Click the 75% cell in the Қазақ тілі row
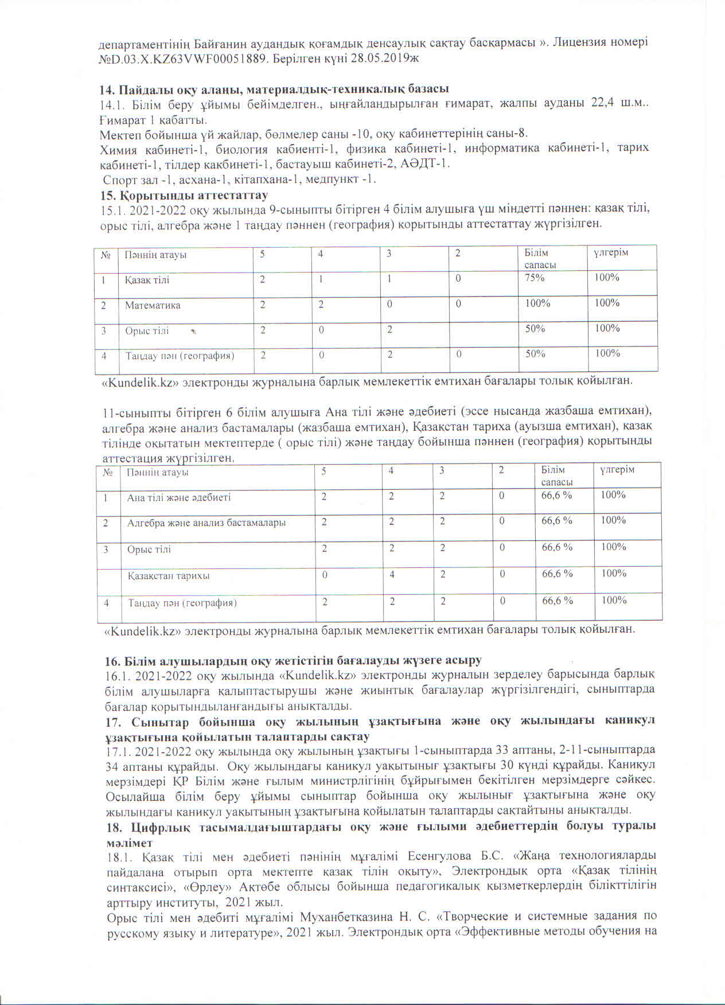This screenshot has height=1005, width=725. [535, 278]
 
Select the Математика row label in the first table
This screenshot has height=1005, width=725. [153, 305]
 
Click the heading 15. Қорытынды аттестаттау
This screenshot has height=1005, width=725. [184, 195]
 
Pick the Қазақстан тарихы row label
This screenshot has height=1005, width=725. [169, 575]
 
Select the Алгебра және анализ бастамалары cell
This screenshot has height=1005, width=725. [206, 523]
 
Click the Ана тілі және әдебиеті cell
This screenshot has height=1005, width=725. [179, 497]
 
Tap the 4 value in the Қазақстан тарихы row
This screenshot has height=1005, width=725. [391, 574]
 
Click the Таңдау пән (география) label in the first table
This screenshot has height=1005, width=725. [180, 356]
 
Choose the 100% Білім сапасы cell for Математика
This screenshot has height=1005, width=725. [538, 303]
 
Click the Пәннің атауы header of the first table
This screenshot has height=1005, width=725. [156, 255]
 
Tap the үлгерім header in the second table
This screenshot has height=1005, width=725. [617, 470]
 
